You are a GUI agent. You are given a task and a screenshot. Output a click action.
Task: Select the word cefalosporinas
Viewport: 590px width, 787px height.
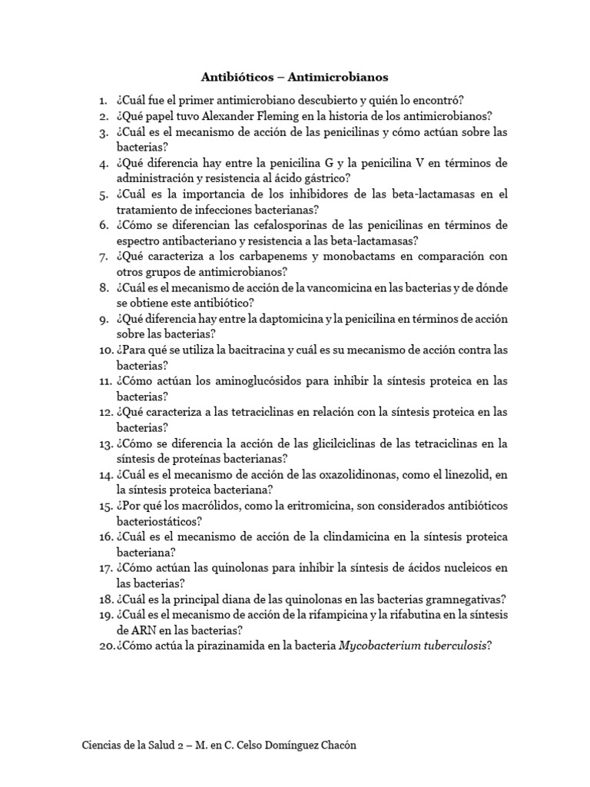pos(291,225)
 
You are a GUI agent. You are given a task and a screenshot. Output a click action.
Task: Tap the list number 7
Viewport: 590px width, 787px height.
pos(103,257)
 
